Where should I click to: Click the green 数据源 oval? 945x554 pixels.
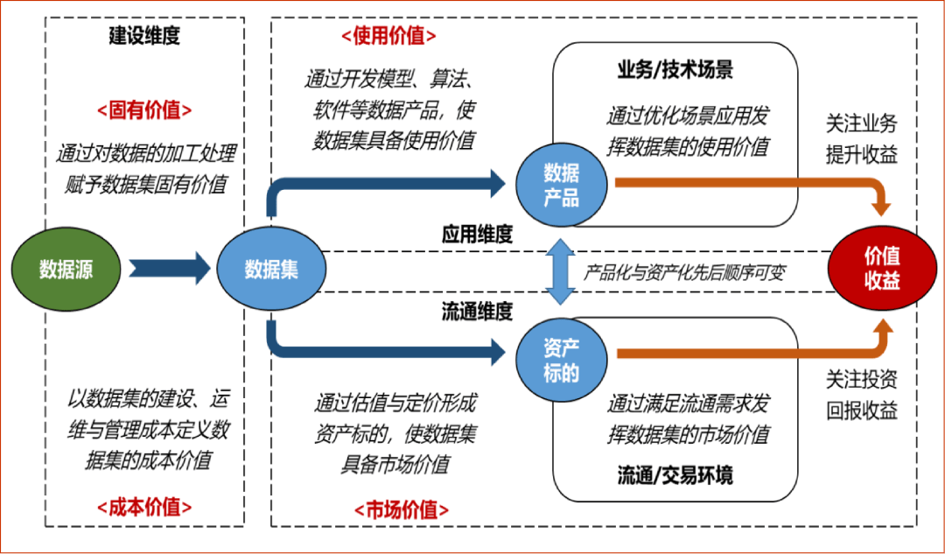[66, 268]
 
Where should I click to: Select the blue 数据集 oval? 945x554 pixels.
[270, 268]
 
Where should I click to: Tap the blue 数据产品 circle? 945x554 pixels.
[561, 184]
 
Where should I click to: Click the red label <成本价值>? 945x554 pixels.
[144, 506]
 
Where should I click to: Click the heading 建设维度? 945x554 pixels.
[144, 36]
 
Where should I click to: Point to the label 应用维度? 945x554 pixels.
[477, 235]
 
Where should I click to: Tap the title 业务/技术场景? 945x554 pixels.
[675, 71]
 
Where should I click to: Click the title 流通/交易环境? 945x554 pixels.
[675, 475]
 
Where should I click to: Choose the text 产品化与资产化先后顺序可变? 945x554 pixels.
[684, 272]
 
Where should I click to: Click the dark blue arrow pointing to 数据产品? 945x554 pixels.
[394, 184]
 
